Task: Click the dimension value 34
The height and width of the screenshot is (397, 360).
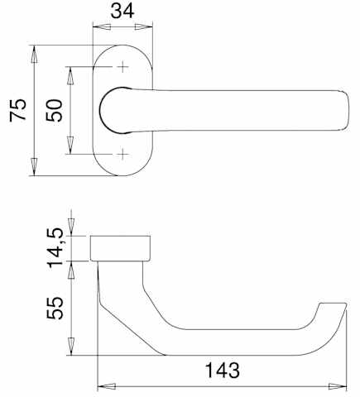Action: [122, 11]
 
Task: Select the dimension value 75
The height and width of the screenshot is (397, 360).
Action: [18, 110]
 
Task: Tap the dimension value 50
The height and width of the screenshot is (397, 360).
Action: [55, 110]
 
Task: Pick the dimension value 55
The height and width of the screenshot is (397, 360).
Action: [55, 308]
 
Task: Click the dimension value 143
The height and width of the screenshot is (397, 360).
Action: [223, 371]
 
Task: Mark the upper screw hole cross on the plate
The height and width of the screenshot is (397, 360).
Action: [122, 67]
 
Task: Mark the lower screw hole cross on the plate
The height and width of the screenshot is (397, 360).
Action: [122, 154]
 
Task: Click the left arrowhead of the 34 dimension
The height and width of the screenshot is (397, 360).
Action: [102, 27]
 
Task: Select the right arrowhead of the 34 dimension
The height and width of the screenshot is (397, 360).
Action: [144, 27]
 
